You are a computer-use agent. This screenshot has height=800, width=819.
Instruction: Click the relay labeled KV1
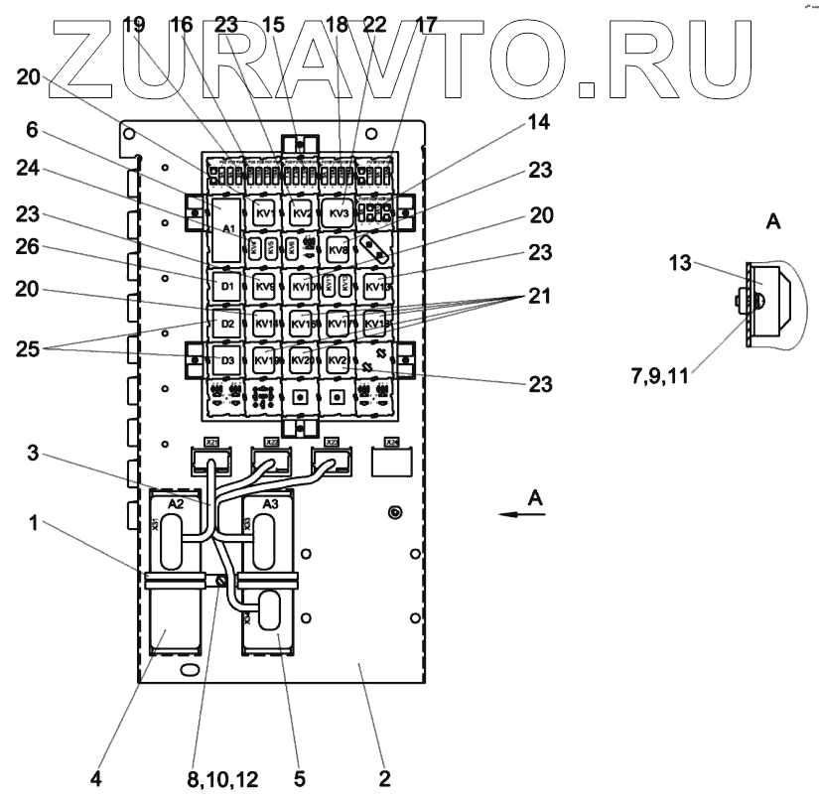[264, 214]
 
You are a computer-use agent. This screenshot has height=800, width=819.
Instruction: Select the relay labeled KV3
[339, 213]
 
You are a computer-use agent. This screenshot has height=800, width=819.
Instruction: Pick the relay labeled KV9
[264, 288]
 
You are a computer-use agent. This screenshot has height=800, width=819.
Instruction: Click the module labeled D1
[227, 288]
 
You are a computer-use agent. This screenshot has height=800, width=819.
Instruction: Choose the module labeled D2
[227, 324]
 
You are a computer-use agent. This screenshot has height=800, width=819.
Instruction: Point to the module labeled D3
[227, 358]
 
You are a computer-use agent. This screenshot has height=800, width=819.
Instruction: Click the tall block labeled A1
[227, 228]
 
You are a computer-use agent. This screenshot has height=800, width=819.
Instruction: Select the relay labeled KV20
[302, 359]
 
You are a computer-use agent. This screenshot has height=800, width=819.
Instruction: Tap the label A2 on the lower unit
[175, 505]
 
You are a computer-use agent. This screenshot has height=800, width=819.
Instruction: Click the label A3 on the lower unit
[267, 505]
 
